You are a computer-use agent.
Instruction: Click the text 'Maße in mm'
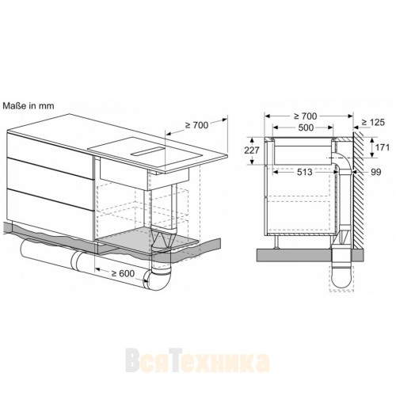(27, 105)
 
